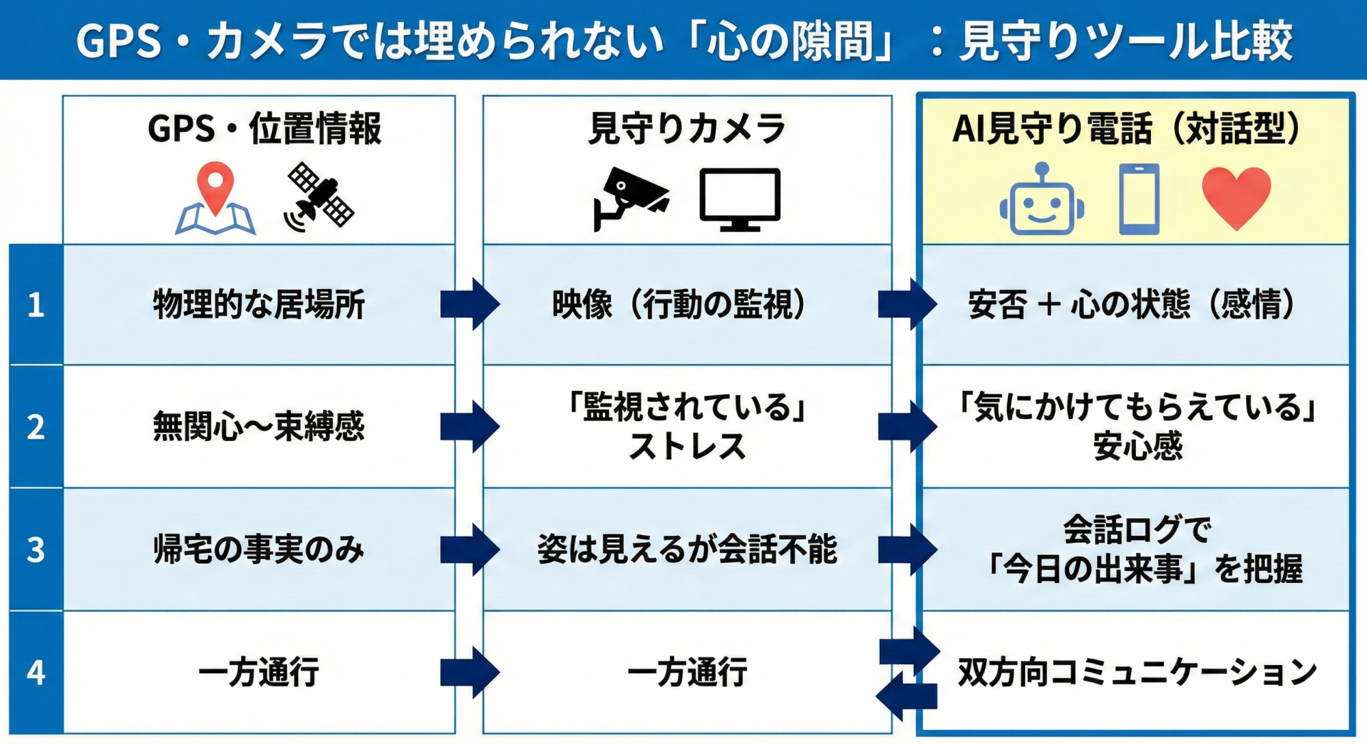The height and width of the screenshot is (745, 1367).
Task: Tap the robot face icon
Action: click(x=1041, y=202)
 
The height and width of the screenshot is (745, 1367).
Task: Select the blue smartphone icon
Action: click(x=1139, y=199)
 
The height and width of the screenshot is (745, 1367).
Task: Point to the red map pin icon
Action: click(x=215, y=188)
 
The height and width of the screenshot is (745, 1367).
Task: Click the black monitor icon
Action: click(x=740, y=198)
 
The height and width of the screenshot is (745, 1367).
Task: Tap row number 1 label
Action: click(x=36, y=305)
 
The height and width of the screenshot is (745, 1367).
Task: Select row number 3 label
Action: click(x=36, y=550)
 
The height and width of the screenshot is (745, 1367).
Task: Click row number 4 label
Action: click(x=36, y=673)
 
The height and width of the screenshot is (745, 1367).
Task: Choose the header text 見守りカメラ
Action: click(x=687, y=128)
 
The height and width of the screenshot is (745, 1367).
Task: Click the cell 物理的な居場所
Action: click(x=258, y=305)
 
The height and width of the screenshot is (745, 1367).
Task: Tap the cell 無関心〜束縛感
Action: click(x=258, y=427)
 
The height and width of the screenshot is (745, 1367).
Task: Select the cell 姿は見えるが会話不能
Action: click(x=687, y=550)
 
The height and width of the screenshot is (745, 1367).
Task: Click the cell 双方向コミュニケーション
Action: click(x=1137, y=673)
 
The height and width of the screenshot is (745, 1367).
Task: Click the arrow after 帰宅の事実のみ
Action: click(x=470, y=550)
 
